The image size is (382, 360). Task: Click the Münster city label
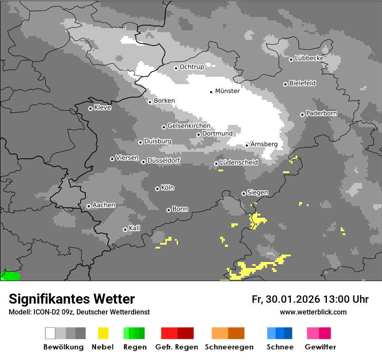(x=227, y=91)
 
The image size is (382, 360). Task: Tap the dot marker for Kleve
(x=90, y=108)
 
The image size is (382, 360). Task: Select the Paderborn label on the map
(x=321, y=114)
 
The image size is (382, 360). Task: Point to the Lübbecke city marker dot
(x=291, y=59)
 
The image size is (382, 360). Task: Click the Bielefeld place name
(x=302, y=83)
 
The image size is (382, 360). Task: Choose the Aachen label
(x=104, y=205)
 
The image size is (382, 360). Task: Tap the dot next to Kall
(x=125, y=229)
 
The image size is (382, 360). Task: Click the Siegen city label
(x=257, y=193)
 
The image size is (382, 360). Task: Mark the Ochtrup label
(x=191, y=67)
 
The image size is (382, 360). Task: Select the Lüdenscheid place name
(x=239, y=163)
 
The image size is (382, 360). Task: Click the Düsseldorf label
(x=164, y=160)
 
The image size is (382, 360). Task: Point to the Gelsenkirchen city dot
(x=164, y=127)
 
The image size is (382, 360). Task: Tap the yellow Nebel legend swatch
(x=103, y=333)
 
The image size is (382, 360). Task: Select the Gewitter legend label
(x=320, y=347)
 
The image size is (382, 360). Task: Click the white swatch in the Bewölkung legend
(x=50, y=333)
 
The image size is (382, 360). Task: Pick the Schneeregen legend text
(x=229, y=347)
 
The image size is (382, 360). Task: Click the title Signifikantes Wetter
(x=72, y=299)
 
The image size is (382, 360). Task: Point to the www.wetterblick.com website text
(x=313, y=312)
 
